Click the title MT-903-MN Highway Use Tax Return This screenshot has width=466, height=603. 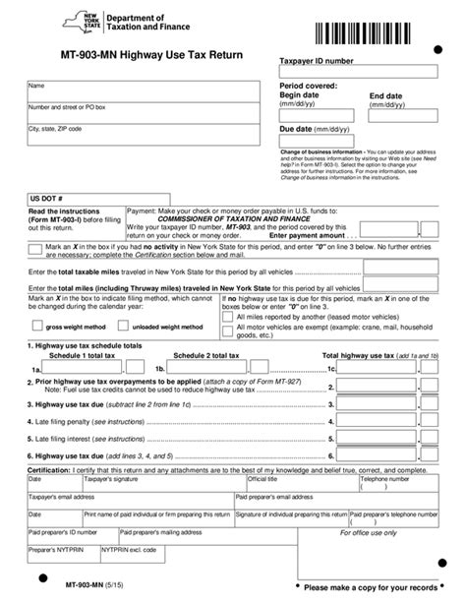(146, 60)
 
